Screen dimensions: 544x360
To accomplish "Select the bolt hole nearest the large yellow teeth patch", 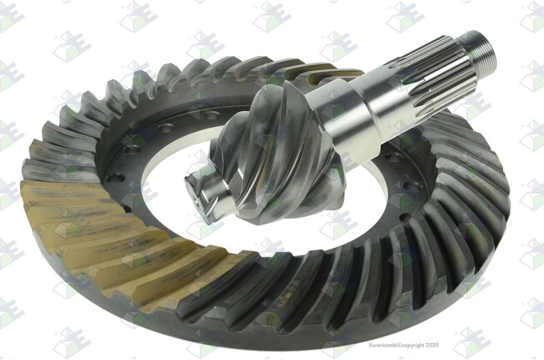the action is pos(115,179).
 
